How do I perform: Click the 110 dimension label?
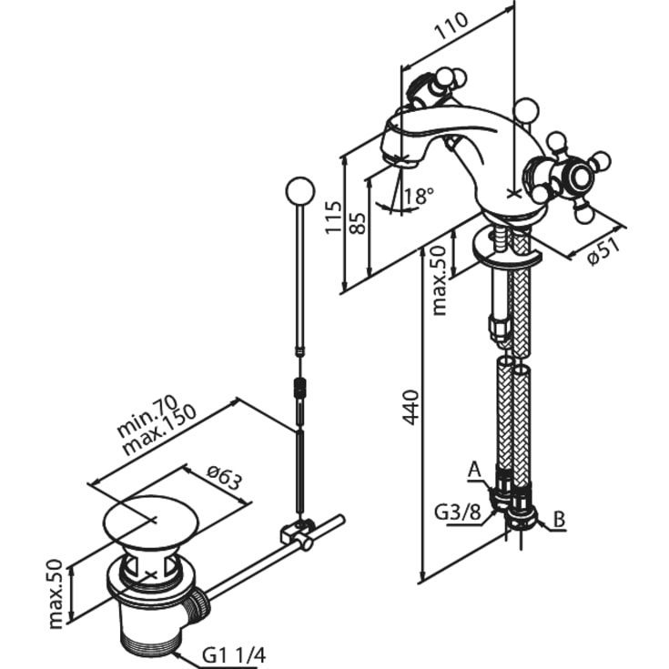tap(451, 26)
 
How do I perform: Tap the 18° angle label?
tap(418, 197)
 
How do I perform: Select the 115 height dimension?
tap(334, 218)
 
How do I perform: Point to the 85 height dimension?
tap(358, 223)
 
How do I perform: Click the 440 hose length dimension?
tap(411, 407)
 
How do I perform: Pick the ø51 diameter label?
tap(603, 252)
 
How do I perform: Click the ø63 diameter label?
tap(225, 477)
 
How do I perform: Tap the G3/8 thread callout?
tap(456, 512)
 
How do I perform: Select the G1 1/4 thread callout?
tap(234, 655)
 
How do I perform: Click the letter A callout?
tap(474, 471)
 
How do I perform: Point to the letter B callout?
tap(559, 520)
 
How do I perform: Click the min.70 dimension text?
tap(147, 417)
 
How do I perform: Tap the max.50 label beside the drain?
tap(56, 593)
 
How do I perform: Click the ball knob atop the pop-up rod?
tap(300, 190)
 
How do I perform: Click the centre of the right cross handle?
tap(580, 177)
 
